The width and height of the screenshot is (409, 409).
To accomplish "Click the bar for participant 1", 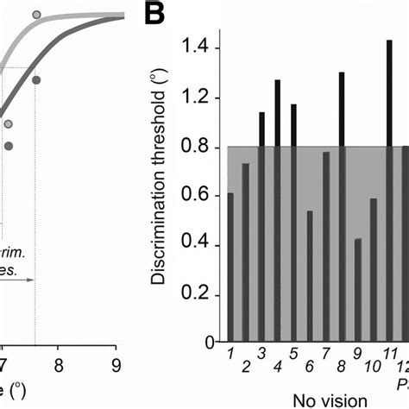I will tap(230, 267).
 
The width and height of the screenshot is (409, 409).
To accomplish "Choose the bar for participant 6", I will tap(310, 277).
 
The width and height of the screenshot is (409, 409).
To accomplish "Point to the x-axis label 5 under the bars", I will tap(293, 355).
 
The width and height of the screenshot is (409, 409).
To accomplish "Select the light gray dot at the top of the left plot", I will tap(60, 15).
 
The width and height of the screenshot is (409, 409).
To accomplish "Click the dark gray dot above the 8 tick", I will tap(36, 80).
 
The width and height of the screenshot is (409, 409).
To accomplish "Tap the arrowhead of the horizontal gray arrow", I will tap(31, 280).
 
